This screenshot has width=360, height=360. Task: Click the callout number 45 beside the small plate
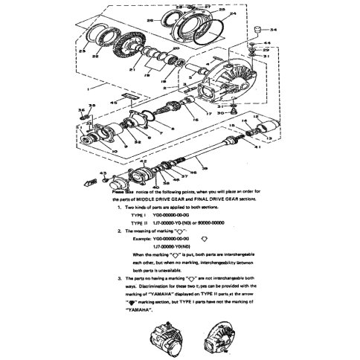point(114,101)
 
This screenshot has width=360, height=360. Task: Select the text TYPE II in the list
point(140,221)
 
